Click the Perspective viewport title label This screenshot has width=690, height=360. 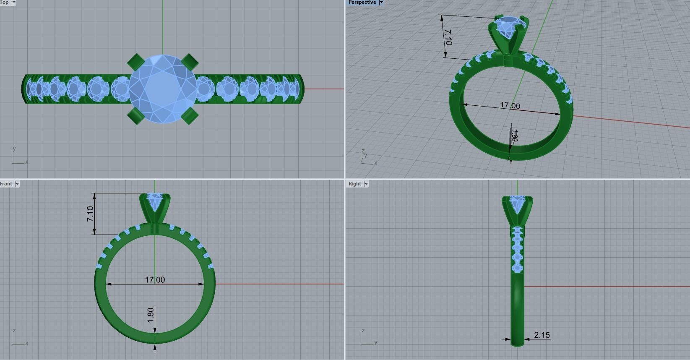[362, 3]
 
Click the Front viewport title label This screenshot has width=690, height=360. [6, 184]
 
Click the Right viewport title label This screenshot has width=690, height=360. [354, 184]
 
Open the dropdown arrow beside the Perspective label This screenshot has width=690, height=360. [381, 3]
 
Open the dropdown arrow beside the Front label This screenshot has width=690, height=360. [17, 184]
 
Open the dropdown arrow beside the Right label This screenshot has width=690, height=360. [366, 184]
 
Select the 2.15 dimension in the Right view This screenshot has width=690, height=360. [542, 335]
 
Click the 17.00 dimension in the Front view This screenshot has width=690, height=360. [155, 279]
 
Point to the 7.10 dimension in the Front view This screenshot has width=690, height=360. [90, 214]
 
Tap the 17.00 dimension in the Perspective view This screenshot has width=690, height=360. [510, 105]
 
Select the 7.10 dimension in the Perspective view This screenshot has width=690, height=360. [448, 37]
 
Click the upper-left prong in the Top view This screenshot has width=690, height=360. [135, 61]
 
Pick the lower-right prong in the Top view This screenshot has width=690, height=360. [190, 115]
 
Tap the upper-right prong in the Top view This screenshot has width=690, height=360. [190, 61]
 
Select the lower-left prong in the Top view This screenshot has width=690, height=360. [135, 116]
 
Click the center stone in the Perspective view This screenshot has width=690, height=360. [508, 27]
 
